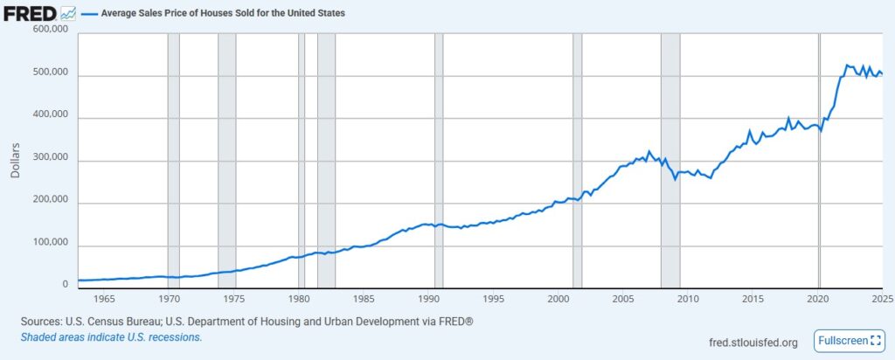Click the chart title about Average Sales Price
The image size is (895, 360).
(x=223, y=13)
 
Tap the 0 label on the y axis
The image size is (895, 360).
(x=64, y=284)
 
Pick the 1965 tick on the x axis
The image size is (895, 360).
(x=104, y=297)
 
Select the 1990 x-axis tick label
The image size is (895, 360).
(x=428, y=297)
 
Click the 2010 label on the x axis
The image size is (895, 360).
(x=688, y=297)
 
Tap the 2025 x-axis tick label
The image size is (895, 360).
(x=881, y=297)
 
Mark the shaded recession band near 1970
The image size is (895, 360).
(x=173, y=157)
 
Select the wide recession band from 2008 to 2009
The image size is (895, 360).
(x=670, y=157)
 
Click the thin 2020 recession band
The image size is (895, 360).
(x=819, y=157)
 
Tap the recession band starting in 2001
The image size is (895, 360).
(x=577, y=157)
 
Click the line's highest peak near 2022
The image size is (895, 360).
(x=845, y=65)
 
